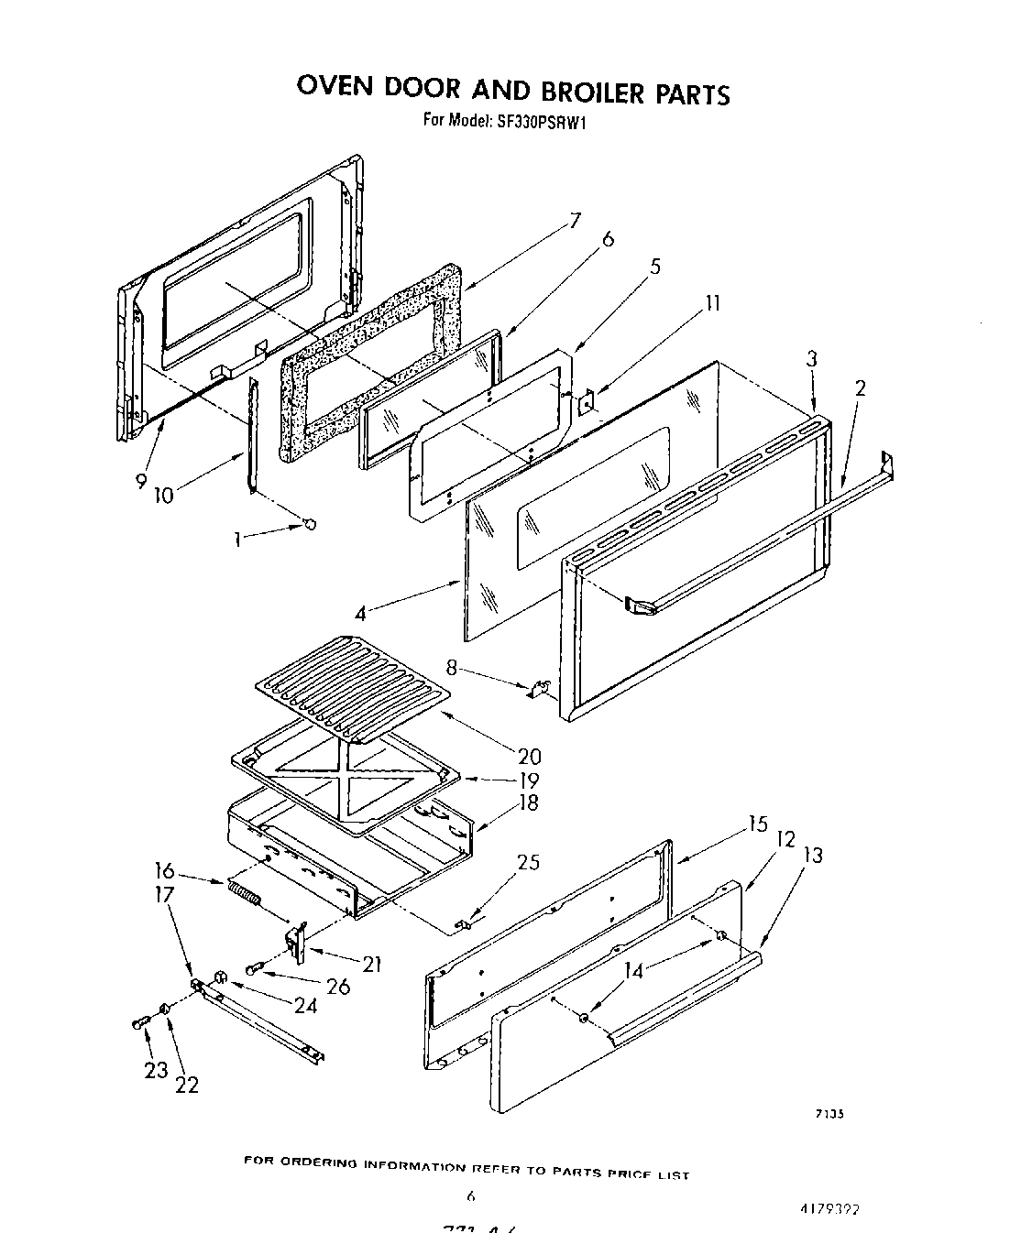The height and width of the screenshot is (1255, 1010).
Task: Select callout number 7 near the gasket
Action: click(x=575, y=221)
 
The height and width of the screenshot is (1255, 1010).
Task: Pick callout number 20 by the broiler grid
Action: click(x=529, y=757)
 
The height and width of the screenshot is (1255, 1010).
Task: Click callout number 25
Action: click(x=528, y=862)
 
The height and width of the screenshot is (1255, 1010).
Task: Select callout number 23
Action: click(x=156, y=1069)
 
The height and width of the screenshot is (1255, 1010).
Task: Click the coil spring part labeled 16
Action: click(x=244, y=892)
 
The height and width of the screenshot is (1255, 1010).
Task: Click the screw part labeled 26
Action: click(x=254, y=968)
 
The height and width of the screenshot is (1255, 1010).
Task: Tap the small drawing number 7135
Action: click(x=829, y=1114)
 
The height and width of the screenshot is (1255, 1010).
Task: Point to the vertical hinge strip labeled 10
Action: click(x=252, y=435)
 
